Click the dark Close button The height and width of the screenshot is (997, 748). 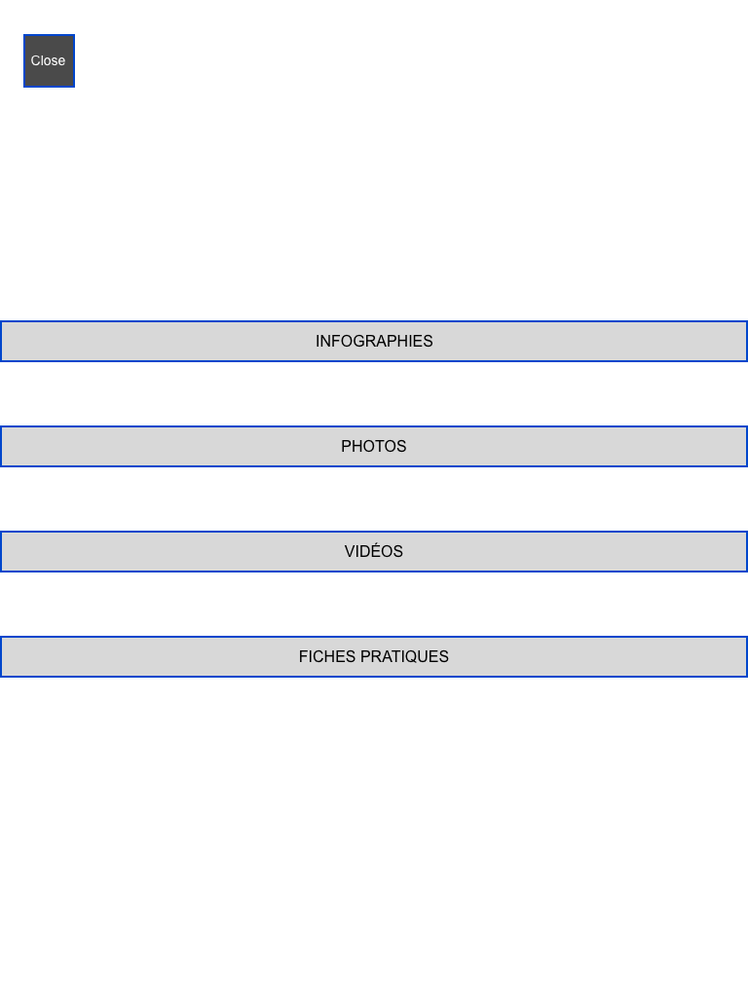click(49, 60)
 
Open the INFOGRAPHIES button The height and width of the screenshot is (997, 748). click(374, 342)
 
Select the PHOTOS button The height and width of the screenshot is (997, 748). click(374, 446)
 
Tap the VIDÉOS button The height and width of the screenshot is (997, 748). click(374, 551)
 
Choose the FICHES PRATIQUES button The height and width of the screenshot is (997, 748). click(374, 656)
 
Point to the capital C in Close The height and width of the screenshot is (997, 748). click(36, 60)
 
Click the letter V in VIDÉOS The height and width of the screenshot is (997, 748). click(350, 551)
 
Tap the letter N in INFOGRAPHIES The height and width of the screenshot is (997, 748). click(325, 342)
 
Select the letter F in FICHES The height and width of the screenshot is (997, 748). click(304, 657)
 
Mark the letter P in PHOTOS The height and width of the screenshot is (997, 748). click(347, 446)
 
